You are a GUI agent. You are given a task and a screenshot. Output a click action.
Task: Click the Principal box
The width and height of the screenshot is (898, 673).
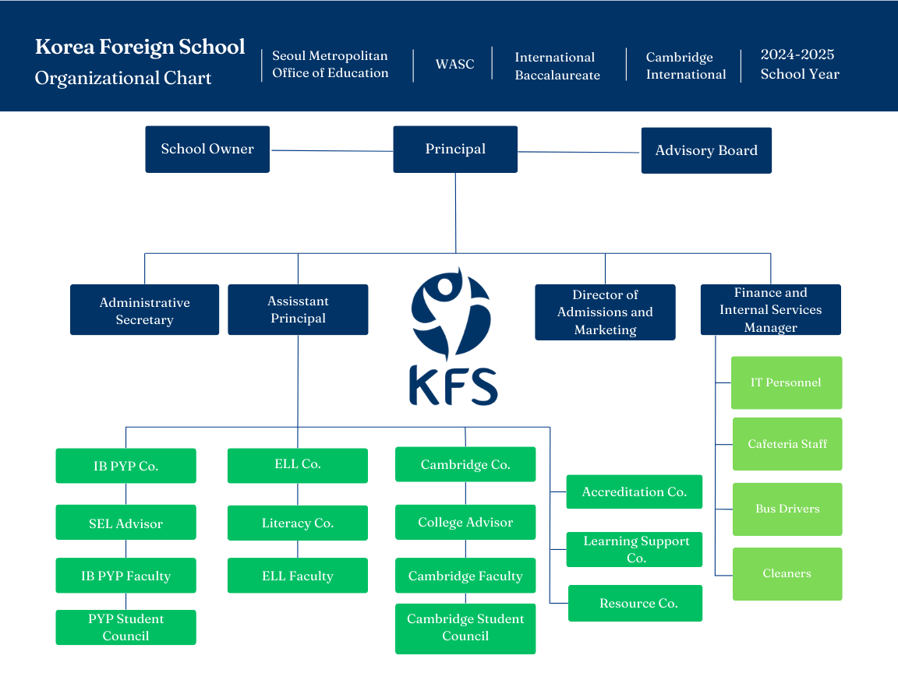tap(455, 150)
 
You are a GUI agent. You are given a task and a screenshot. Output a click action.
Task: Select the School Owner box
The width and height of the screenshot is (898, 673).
tap(207, 150)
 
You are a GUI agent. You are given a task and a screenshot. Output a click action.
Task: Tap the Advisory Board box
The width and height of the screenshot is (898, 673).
tap(706, 150)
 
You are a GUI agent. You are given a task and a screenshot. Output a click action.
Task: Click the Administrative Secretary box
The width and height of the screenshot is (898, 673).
tap(144, 310)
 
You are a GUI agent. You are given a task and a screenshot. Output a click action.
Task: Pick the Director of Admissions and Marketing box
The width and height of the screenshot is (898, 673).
tap(605, 312)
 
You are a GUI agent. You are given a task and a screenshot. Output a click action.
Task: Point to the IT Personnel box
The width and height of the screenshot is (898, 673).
tap(786, 382)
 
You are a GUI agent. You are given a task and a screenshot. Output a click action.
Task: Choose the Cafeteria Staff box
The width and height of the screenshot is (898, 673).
tap(787, 444)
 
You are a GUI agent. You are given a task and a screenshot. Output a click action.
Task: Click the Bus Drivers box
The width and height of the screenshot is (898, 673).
tap(787, 509)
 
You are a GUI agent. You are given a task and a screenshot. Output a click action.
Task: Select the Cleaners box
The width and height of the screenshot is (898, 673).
tap(787, 573)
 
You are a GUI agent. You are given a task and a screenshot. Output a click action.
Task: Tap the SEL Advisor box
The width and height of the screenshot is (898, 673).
tap(126, 523)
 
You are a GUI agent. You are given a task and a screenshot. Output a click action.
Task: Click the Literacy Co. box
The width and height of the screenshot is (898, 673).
tap(297, 523)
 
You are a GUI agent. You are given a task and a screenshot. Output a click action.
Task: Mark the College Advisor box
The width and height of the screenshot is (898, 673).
tap(465, 522)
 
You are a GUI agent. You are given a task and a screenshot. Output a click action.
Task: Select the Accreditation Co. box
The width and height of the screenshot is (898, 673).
tap(634, 492)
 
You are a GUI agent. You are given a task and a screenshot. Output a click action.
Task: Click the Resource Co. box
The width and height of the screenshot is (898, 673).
tap(635, 603)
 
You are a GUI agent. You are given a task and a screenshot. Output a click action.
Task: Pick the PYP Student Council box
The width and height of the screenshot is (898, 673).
tap(126, 627)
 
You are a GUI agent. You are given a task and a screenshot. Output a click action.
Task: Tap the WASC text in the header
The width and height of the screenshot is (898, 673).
tap(454, 64)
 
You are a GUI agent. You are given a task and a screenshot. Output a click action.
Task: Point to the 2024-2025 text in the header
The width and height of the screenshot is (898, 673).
tap(797, 55)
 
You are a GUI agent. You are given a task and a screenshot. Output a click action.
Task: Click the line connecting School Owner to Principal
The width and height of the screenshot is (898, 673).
tap(331, 150)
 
